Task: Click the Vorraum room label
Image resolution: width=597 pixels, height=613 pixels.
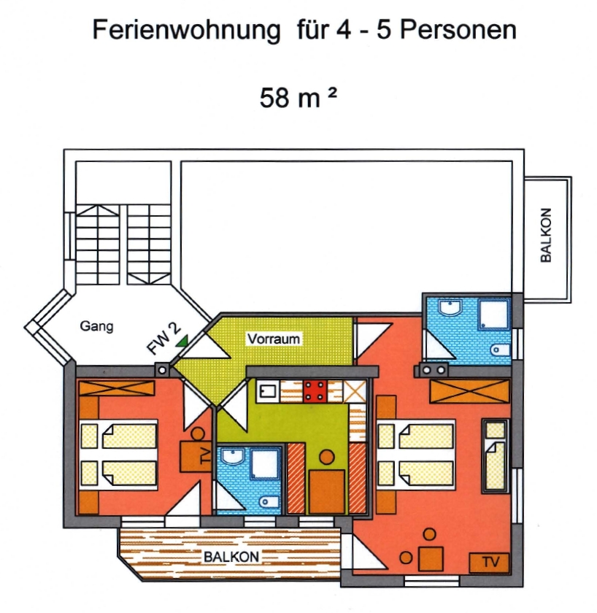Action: [x=273, y=339]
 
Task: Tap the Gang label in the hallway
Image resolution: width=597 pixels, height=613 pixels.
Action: [x=96, y=326]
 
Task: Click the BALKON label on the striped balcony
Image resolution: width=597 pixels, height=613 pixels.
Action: [x=231, y=557]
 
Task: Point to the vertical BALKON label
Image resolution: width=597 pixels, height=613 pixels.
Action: [x=545, y=235]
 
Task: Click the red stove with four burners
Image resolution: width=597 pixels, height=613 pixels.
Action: [x=315, y=391]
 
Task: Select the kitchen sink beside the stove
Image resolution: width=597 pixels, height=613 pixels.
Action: [x=268, y=391]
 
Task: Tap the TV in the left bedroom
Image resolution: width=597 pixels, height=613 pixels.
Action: [x=196, y=456]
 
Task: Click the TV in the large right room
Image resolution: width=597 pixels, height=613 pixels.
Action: [x=490, y=562]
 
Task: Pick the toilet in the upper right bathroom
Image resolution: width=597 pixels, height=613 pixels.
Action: [x=500, y=350]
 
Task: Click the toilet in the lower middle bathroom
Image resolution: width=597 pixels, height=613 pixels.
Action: [x=269, y=501]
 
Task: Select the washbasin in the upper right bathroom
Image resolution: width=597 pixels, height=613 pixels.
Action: [x=450, y=307]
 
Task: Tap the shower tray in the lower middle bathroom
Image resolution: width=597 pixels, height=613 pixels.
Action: [x=266, y=464]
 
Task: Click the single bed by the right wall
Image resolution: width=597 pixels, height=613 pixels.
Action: [x=495, y=455]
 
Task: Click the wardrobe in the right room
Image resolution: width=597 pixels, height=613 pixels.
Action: [x=469, y=391]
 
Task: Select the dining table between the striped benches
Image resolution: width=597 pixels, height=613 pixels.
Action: [x=327, y=492]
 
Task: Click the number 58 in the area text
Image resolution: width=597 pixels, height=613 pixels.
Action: [x=274, y=97]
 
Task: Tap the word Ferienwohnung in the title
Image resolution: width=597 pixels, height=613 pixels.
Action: [x=187, y=30]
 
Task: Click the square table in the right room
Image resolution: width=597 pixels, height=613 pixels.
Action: [x=431, y=559]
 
